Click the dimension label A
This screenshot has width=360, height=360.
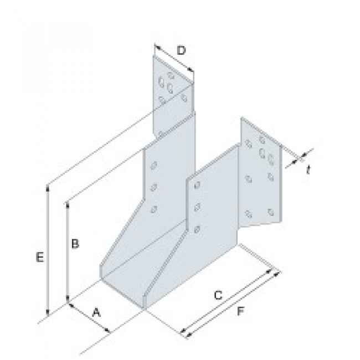pyautogui.click(x=96, y=313)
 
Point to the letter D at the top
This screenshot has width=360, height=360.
pyautogui.click(x=181, y=51)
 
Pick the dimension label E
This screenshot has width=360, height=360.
pyautogui.click(x=38, y=258)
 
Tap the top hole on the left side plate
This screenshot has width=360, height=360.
pyautogui.click(x=153, y=165)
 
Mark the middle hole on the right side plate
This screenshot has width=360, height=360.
pyautogui.click(x=197, y=208)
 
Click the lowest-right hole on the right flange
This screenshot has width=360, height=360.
pyautogui.click(x=270, y=212)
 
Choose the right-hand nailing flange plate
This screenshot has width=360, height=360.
pyautogui.click(x=259, y=177)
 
